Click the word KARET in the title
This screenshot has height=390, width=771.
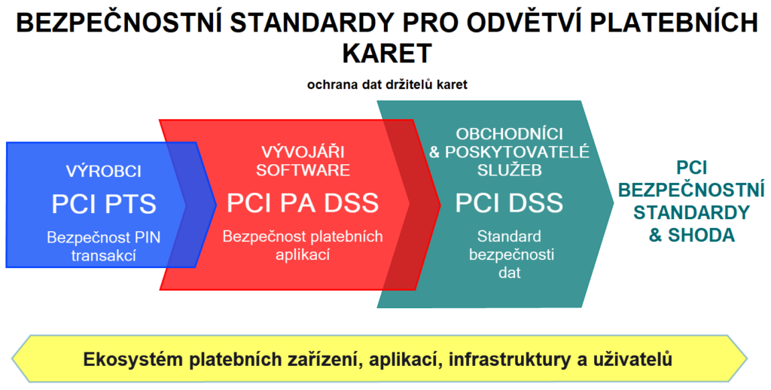point(386,53)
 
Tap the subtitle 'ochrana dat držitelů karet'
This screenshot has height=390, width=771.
point(387,84)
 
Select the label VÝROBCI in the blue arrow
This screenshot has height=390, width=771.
point(104,171)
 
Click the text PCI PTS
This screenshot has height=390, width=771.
point(104,204)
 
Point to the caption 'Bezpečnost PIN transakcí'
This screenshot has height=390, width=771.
point(104,246)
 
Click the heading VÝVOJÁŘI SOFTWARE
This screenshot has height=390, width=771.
point(303,161)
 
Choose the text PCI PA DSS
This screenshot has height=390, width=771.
point(303,203)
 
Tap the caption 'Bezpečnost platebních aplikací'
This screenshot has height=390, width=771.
point(303,245)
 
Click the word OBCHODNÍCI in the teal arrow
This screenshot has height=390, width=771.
point(510,134)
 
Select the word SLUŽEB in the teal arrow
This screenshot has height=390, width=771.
point(510,169)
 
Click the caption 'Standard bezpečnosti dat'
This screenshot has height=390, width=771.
point(509,254)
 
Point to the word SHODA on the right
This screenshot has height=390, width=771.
point(702,235)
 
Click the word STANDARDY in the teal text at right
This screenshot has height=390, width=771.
point(691,212)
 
